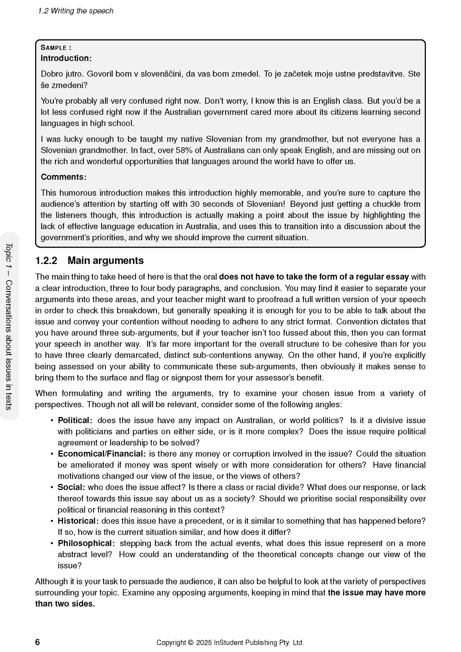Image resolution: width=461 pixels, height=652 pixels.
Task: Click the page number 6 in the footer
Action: (x=38, y=642)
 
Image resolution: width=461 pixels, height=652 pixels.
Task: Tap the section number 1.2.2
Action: (x=46, y=261)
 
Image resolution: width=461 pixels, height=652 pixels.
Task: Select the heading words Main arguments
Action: (x=106, y=261)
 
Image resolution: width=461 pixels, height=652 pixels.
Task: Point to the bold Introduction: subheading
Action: (x=66, y=58)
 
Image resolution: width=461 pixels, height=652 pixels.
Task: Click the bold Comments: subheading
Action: (x=63, y=177)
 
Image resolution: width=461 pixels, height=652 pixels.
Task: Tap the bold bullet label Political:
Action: (x=75, y=420)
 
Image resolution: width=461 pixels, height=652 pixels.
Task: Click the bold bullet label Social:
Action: (x=71, y=487)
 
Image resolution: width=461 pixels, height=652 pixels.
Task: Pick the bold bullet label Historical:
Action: (x=78, y=521)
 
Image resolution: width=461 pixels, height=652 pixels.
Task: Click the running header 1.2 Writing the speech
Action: (x=76, y=11)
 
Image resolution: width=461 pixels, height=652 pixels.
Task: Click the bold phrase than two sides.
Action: (x=65, y=604)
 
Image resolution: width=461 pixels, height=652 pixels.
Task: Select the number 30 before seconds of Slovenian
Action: (x=195, y=204)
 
